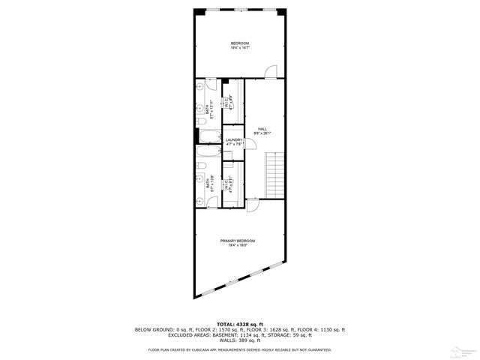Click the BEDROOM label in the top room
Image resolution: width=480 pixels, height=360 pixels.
tap(239, 43)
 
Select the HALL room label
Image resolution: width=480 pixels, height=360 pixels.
tap(262, 128)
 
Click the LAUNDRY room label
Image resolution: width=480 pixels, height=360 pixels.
tap(233, 139)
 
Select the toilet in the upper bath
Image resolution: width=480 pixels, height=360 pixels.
tap(200, 121)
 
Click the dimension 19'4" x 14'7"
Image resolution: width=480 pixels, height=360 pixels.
tap(239, 47)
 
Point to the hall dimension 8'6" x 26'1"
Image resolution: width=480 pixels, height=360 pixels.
tap(262, 133)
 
